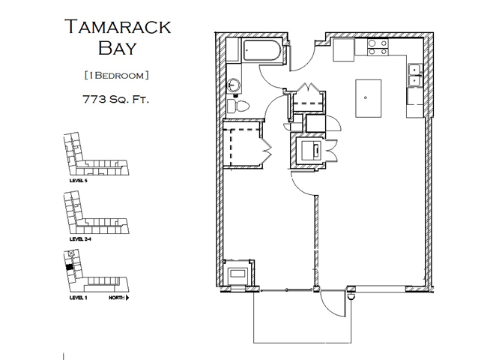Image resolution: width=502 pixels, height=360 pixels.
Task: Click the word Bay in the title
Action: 118,49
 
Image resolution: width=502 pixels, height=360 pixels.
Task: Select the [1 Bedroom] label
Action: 118,74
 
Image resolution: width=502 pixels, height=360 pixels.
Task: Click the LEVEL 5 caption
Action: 78,181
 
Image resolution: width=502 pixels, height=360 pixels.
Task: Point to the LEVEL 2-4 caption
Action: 80,239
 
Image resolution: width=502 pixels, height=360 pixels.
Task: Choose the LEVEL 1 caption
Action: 78,298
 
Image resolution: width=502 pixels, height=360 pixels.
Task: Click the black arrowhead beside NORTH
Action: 128,298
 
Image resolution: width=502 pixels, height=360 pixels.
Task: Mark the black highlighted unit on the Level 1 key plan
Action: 70,265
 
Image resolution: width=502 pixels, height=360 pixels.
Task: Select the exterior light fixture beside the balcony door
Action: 350,295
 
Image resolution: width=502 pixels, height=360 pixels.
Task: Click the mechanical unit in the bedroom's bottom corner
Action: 240,274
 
